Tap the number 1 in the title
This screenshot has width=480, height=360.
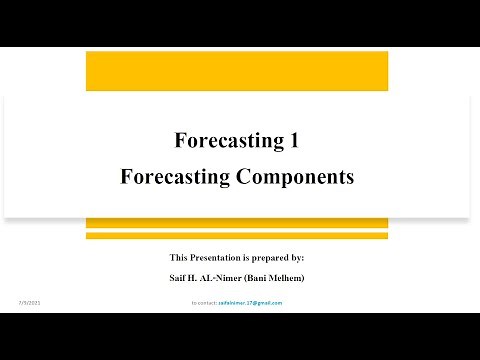point(293,141)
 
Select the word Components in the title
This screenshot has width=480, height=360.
point(294,177)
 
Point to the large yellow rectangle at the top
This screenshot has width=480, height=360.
point(237,69)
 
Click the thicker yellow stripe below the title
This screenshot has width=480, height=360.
point(237,222)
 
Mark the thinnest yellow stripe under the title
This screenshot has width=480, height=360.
point(237,236)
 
